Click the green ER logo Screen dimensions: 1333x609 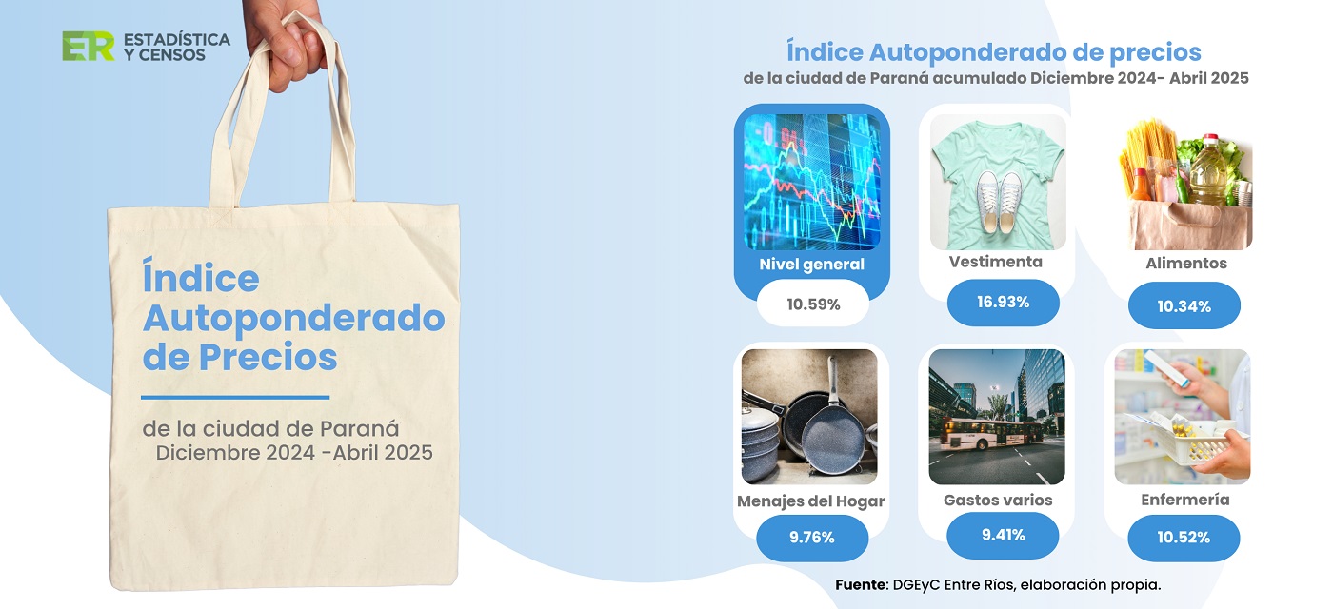(88, 47)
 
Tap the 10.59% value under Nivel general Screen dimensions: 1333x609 (813, 304)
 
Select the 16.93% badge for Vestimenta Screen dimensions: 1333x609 (1003, 303)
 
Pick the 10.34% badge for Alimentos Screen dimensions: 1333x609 (1184, 305)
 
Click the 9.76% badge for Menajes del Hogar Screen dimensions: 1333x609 (811, 538)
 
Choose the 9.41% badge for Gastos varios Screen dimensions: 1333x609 (1003, 535)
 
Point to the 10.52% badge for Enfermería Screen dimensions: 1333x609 (1184, 538)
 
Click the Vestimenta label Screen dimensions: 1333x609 (996, 262)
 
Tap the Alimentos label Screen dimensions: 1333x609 (1186, 263)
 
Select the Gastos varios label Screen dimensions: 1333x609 (998, 501)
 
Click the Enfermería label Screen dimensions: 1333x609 (1184, 500)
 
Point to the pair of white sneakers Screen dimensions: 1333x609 (999, 202)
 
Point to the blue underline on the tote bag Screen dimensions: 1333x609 (235, 397)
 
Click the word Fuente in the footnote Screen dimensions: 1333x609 (861, 584)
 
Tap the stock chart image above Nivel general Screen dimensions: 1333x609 (811, 182)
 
